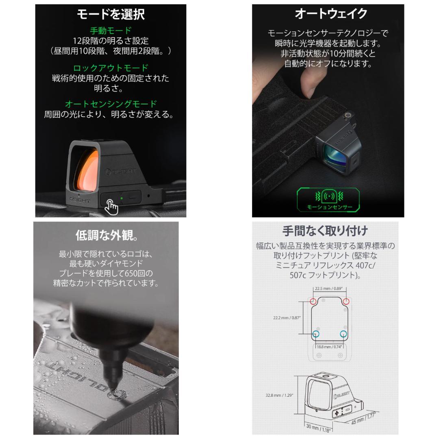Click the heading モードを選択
[x=111, y=15]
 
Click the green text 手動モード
[x=111, y=30]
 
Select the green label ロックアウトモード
[x=111, y=68]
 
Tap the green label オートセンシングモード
[x=111, y=104]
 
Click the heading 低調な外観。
[x=106, y=235]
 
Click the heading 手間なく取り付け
[x=325, y=231]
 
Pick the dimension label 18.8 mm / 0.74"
[x=330, y=347]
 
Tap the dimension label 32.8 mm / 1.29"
[x=279, y=395]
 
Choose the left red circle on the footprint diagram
[x=313, y=302]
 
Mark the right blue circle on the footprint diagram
[x=343, y=334]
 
